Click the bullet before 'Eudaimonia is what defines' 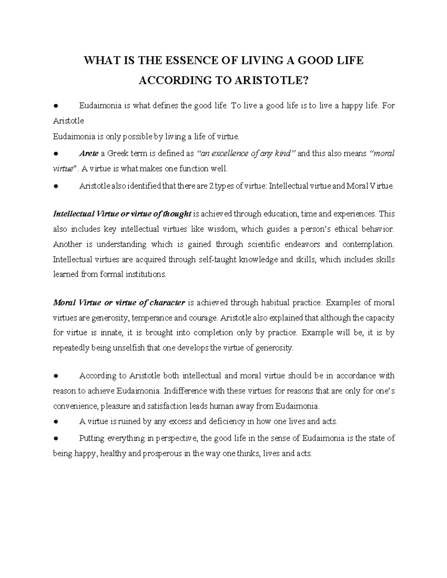pos(56,106)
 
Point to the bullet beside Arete pos(56,154)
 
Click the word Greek pos(118,153)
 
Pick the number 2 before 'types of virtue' pos(212,186)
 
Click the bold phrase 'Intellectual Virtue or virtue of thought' pos(123,214)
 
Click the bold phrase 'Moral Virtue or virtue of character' pos(119,303)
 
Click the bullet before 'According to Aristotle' pos(56,376)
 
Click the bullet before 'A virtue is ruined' pos(56,422)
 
